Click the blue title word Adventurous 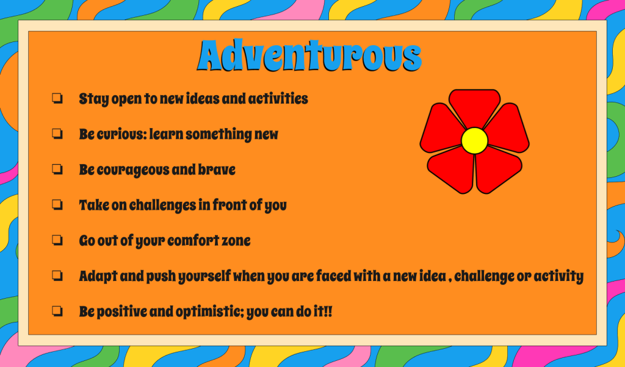(309, 55)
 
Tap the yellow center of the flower (474, 140)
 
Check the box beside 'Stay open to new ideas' (57, 98)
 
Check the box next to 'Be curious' (57, 134)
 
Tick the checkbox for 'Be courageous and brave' (57, 169)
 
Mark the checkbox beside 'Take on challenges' (57, 205)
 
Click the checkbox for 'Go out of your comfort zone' (57, 240)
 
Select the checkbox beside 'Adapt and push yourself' (57, 276)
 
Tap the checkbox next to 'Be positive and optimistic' (57, 311)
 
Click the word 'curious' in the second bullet (122, 135)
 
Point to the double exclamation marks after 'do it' (328, 311)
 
